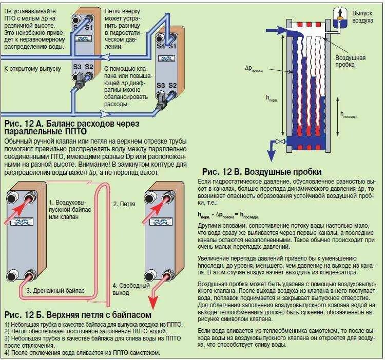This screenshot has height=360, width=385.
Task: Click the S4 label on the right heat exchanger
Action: point(161,46)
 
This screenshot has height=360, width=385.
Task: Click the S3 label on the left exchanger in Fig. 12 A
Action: point(77,67)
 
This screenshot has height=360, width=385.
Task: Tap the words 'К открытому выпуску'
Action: point(32,68)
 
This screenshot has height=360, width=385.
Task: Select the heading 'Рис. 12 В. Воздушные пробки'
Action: point(262,171)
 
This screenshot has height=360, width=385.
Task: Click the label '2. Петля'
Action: point(124,204)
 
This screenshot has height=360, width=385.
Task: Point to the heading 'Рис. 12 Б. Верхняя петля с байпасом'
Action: point(78,314)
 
